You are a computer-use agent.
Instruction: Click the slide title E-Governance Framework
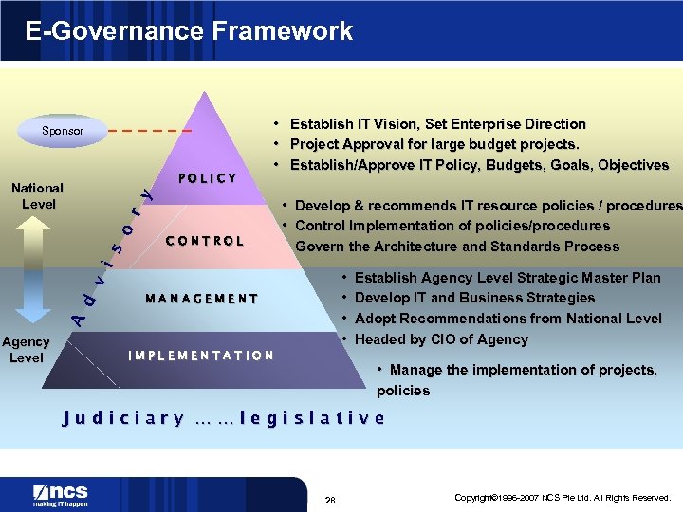coord(189,30)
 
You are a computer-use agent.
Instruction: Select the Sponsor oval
coord(63,131)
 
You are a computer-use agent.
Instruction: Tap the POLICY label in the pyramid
coord(208,178)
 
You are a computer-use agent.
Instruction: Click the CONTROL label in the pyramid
coord(205,241)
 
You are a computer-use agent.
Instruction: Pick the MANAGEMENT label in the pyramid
coord(202,299)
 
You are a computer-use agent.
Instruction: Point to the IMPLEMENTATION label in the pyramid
coord(201,356)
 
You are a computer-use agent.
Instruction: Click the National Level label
coord(38,196)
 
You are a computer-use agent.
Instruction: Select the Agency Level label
coord(26,350)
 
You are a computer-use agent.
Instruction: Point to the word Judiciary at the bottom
coord(122,418)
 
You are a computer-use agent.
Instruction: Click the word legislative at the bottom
coord(312,418)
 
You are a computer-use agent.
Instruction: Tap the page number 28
coord(330,500)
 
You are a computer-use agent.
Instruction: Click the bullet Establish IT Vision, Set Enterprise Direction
coord(437,124)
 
